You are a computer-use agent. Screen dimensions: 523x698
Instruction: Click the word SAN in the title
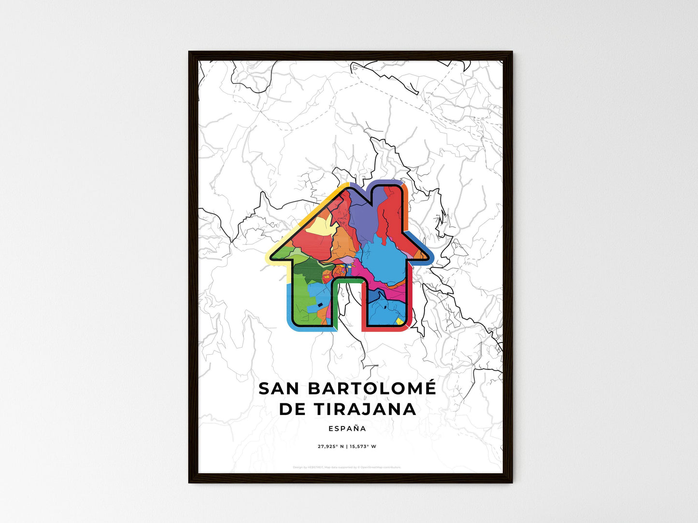coord(275,388)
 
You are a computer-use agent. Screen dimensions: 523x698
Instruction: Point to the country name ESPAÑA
coord(347,428)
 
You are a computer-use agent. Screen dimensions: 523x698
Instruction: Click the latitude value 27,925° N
coord(330,446)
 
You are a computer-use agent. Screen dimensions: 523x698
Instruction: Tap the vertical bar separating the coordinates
coord(347,446)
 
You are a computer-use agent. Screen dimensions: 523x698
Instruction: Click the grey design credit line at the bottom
coord(347,467)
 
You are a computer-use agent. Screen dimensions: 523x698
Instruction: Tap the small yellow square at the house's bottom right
coord(399,320)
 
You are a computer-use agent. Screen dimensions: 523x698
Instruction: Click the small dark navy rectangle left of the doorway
coord(319,304)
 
